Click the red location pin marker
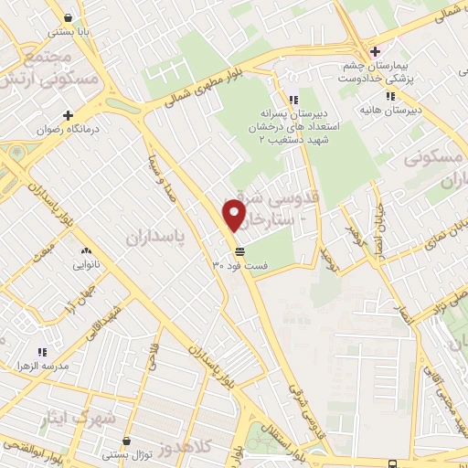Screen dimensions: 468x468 coord(235,215)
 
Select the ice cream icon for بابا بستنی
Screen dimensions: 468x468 coord(69,17)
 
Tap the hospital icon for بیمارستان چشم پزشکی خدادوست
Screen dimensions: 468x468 coord(372,49)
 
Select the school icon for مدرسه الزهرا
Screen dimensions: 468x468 coord(42,351)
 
